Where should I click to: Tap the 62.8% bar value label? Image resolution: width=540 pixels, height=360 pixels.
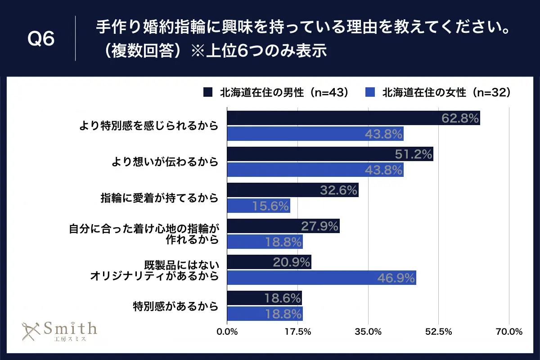[459, 118]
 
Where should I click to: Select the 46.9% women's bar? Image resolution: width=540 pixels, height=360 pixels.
[321, 278]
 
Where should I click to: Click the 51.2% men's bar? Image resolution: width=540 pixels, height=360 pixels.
[330, 154]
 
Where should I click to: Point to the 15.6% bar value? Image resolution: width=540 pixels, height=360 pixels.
[270, 206]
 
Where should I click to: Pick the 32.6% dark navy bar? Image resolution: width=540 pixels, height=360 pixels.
[292, 190]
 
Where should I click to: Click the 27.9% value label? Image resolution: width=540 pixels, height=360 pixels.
[320, 226]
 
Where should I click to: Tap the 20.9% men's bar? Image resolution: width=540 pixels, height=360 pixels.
[269, 262]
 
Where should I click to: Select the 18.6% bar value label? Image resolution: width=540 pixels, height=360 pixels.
[283, 298]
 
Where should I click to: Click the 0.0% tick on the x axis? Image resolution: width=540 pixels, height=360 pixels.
[227, 332]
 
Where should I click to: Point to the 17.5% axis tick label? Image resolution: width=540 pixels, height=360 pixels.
[297, 332]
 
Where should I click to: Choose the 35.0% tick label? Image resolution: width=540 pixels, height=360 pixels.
[368, 332]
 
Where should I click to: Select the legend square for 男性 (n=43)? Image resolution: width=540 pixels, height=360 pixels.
[207, 92]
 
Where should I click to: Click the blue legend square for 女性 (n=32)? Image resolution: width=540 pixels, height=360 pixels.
[370, 92]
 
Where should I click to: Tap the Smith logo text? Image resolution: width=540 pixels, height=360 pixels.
[70, 328]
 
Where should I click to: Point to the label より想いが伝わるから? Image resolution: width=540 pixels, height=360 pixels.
[165, 162]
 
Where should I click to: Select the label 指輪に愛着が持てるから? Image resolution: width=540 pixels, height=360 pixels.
[159, 198]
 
